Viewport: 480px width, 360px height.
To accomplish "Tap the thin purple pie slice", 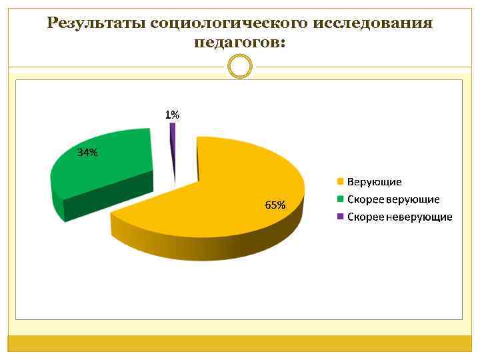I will [173, 143].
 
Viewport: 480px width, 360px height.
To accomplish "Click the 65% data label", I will [275, 205].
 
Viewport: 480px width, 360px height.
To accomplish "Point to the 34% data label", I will [87, 153].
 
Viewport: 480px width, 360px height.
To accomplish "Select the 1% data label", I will [172, 115].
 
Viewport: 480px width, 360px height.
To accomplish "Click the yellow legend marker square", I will [340, 182].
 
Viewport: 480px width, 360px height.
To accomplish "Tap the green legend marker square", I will [340, 199].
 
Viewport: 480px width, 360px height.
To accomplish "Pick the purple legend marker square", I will [340, 217].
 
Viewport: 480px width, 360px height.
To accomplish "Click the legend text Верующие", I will [374, 182].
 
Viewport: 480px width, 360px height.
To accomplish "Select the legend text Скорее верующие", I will [393, 199].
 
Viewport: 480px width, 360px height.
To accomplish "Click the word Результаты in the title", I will [97, 24].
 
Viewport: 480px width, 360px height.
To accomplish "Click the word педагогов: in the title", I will [240, 43].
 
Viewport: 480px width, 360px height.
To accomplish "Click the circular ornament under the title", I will [240, 66].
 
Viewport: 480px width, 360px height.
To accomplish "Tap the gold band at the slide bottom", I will [240, 343].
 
